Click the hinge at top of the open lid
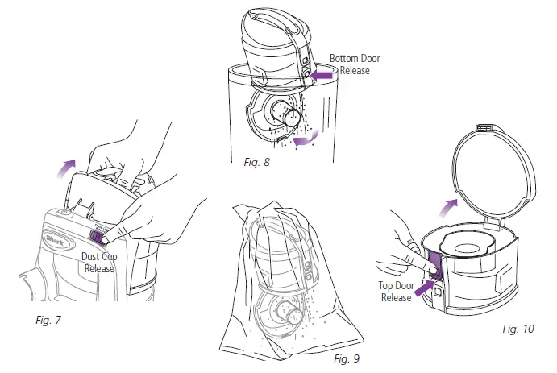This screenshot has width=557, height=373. pyautogui.click(x=486, y=126)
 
